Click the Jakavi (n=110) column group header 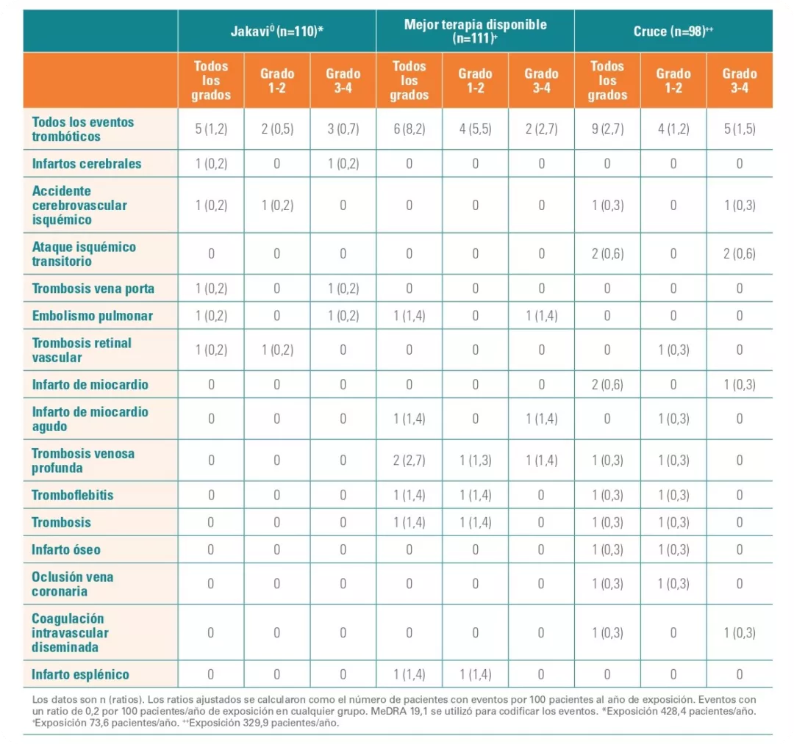click(x=276, y=32)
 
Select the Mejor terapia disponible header click(x=475, y=32)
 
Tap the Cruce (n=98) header click(x=673, y=32)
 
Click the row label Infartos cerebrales click(x=87, y=164)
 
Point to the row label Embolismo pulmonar click(x=93, y=316)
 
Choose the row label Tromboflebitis click(x=73, y=495)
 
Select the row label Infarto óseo click(x=66, y=549)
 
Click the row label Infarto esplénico click(x=80, y=674)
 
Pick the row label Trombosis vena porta click(x=93, y=289)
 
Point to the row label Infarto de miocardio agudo click(x=90, y=419)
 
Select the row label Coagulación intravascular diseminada click(x=70, y=632)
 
